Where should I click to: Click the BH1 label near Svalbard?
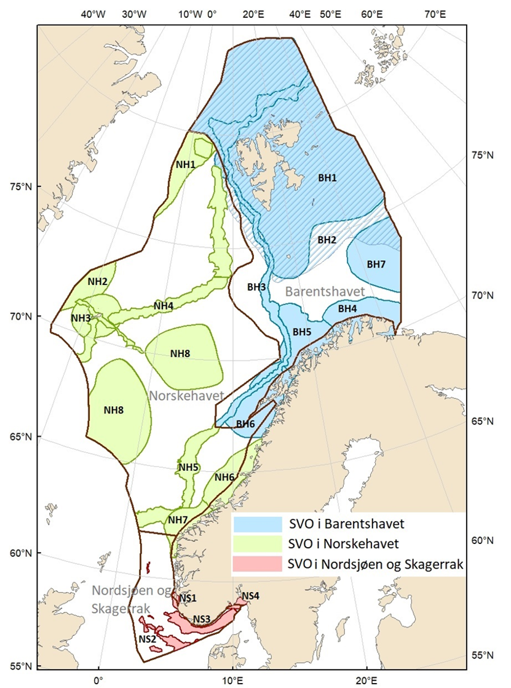tap(327, 178)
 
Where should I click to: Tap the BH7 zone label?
tap(376, 264)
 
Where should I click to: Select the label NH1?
tap(186, 164)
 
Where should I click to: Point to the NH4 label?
tap(164, 306)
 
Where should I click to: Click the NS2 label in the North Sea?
tap(146, 639)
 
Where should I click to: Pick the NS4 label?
tap(251, 596)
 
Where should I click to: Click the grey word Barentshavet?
tap(326, 290)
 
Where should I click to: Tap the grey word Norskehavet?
tap(186, 396)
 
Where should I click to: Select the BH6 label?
tap(245, 424)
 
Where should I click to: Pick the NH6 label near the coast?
tap(224, 478)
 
